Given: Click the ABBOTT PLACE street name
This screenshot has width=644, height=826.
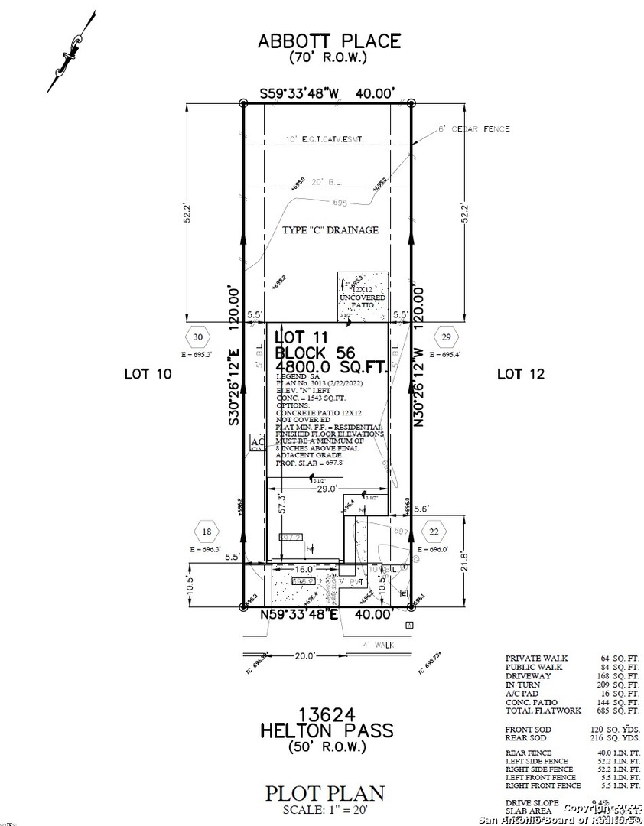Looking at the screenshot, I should pyautogui.click(x=328, y=41).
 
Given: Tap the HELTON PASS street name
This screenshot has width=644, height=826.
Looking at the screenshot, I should pyautogui.click(x=328, y=730).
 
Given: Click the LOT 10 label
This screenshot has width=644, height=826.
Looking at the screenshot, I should pyautogui.click(x=147, y=374).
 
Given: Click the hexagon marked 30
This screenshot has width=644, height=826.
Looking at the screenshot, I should pyautogui.click(x=198, y=337).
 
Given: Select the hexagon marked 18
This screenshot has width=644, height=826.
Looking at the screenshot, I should pyautogui.click(x=206, y=532).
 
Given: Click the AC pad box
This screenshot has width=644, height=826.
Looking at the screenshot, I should pyautogui.click(x=258, y=444).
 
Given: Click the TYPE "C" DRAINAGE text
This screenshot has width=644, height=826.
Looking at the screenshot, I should pyautogui.click(x=330, y=230).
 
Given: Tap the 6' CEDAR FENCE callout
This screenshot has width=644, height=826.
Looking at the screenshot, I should pyautogui.click(x=474, y=128).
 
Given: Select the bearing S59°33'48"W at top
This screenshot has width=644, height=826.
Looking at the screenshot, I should pyautogui.click(x=298, y=93).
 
